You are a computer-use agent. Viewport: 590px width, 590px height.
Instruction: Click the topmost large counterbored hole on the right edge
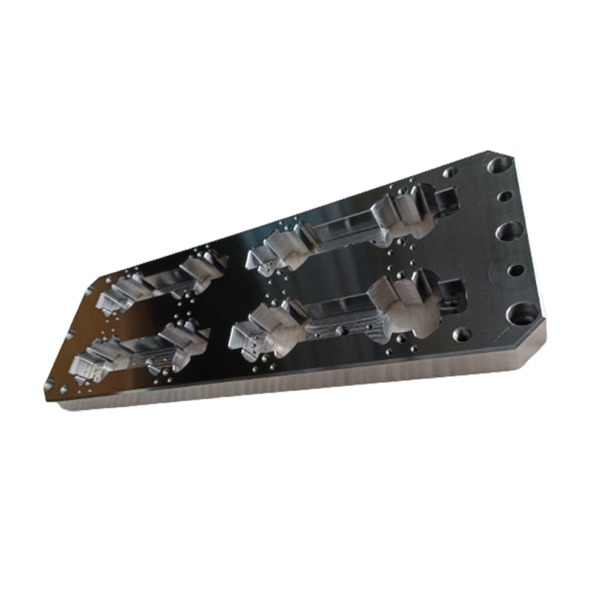point(499,165)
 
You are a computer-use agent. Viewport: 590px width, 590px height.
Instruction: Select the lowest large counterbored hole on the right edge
point(525,315)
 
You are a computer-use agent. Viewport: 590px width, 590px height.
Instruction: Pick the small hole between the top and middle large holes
point(504,197)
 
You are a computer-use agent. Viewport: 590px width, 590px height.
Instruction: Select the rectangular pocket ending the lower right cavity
point(452,294)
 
